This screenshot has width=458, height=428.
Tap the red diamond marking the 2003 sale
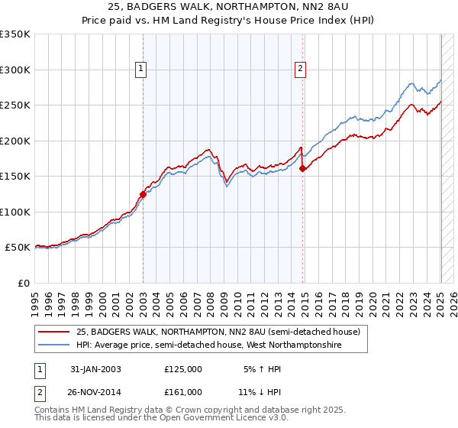(x=143, y=194)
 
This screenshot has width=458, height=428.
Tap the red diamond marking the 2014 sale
(x=303, y=169)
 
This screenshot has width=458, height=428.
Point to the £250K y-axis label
(x=15, y=105)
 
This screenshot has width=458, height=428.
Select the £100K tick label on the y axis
(x=15, y=212)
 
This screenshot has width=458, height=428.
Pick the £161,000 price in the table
(x=183, y=391)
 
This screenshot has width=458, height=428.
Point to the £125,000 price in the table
(x=183, y=369)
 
